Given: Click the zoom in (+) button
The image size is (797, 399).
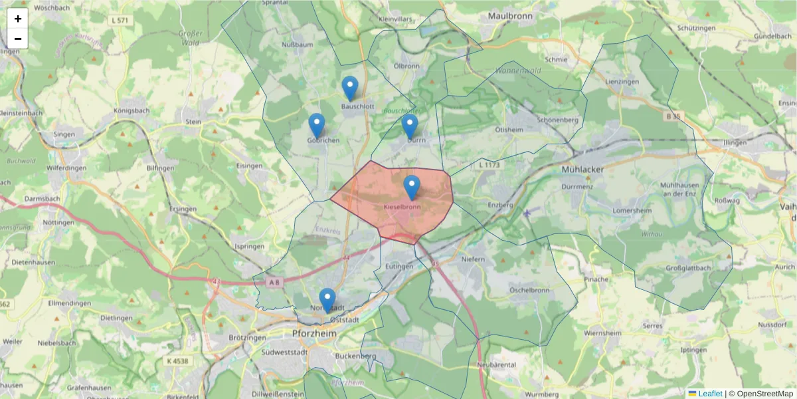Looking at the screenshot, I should pos(18,19).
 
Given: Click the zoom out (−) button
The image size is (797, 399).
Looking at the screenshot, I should pos(18,39).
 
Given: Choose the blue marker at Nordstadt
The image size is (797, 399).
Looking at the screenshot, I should pos(327,300).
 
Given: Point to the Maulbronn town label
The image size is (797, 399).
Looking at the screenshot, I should pos(511,15).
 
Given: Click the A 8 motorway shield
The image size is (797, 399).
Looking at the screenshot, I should pos(274,283).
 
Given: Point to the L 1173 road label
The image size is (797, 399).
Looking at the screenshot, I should pos(489,164).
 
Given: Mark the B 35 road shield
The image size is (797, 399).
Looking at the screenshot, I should pos(673,116).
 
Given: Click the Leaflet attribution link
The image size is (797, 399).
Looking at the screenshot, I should pos(709,394).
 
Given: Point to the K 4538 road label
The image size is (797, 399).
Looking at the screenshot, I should pos(175,361).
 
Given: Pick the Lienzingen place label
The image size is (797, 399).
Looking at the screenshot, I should pos(622,81).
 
